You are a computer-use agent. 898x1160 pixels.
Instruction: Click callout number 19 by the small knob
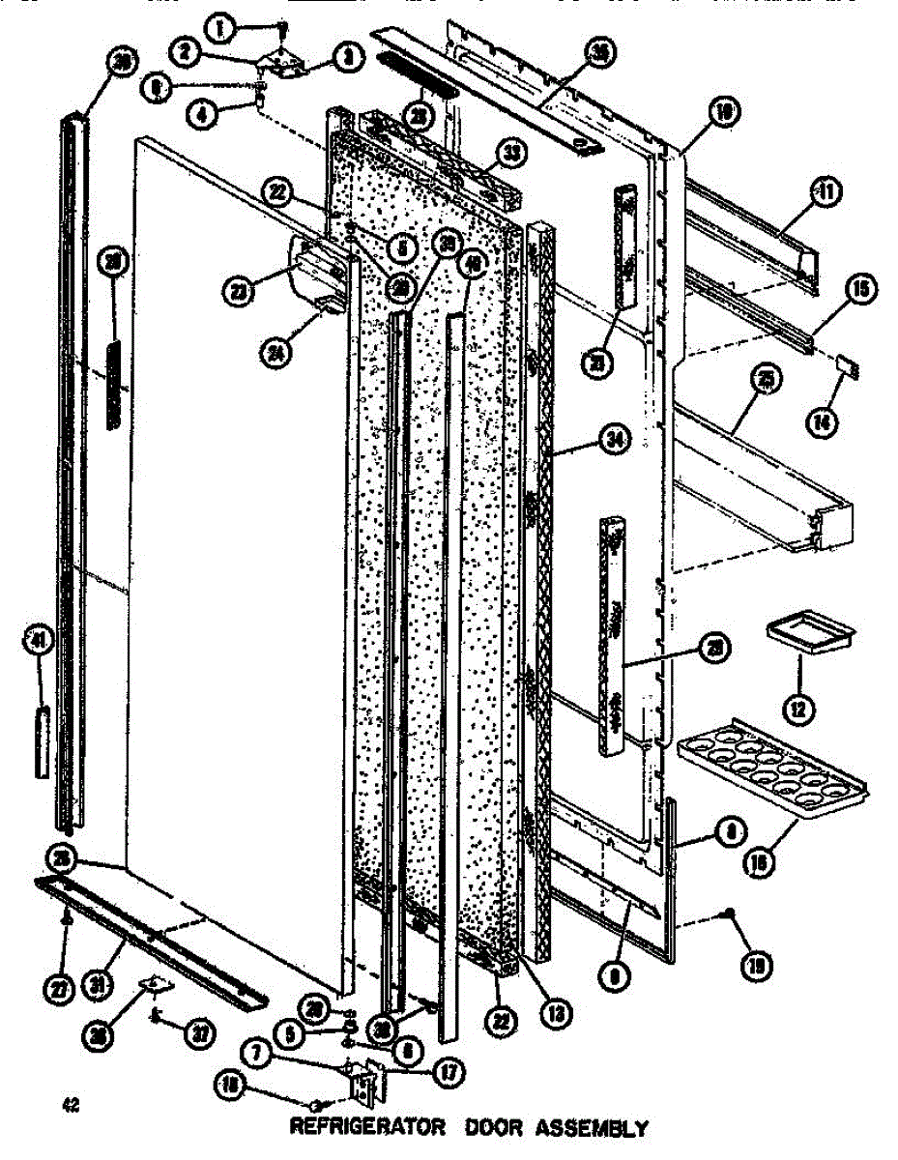tap(757, 963)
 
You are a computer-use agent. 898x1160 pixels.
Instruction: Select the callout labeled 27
tap(58, 989)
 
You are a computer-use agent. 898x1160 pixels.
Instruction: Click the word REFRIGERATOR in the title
tap(367, 1128)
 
